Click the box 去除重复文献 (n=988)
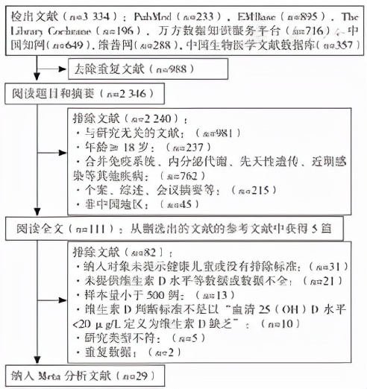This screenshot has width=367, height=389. tap(126, 69)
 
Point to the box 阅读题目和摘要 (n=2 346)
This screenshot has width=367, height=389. tap(79, 94)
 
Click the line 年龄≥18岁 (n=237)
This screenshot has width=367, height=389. tap(134, 146)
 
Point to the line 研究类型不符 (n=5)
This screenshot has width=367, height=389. tap(130, 337)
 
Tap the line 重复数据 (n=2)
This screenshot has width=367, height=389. tap(120, 351)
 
